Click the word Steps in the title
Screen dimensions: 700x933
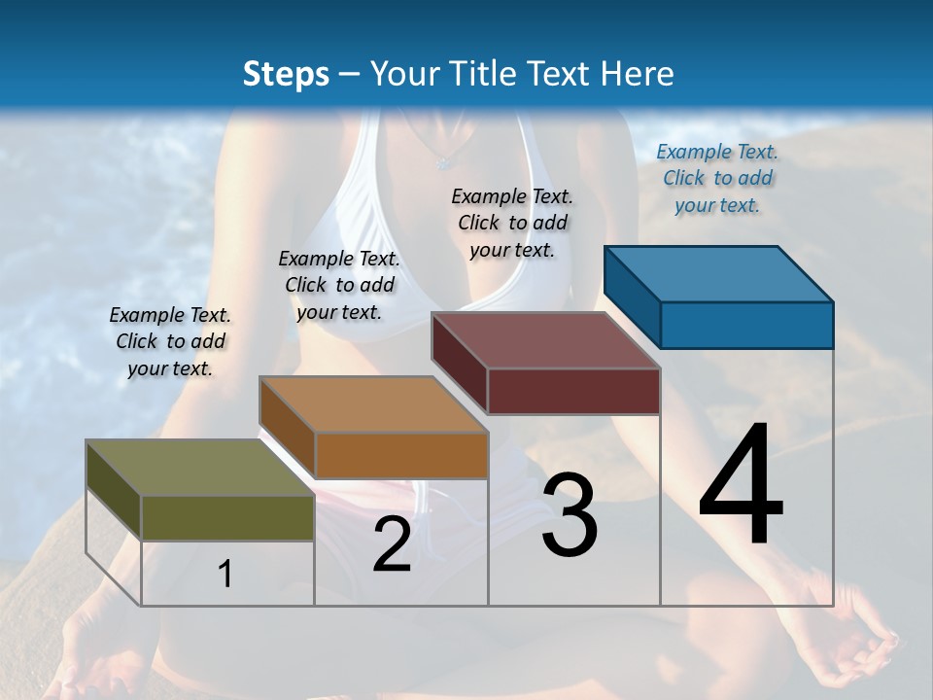coord(286,74)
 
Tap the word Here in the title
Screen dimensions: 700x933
coord(639,74)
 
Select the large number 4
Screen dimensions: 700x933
coord(741,486)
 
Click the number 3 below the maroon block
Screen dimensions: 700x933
coord(570,516)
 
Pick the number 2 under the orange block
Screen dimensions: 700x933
coord(392,544)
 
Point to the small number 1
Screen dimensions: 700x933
coord(225,574)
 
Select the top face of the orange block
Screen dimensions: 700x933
coord(373,404)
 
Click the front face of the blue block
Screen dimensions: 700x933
coord(746,325)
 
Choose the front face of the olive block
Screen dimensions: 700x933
coord(227,517)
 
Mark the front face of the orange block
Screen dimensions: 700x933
coord(400,455)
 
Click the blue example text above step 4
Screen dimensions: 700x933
coord(717,178)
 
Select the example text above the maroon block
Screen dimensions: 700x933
coord(512,223)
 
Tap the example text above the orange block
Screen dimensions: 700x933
coord(339,285)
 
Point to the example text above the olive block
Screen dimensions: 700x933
coord(170,341)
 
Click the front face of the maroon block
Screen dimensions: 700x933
coord(573,391)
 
